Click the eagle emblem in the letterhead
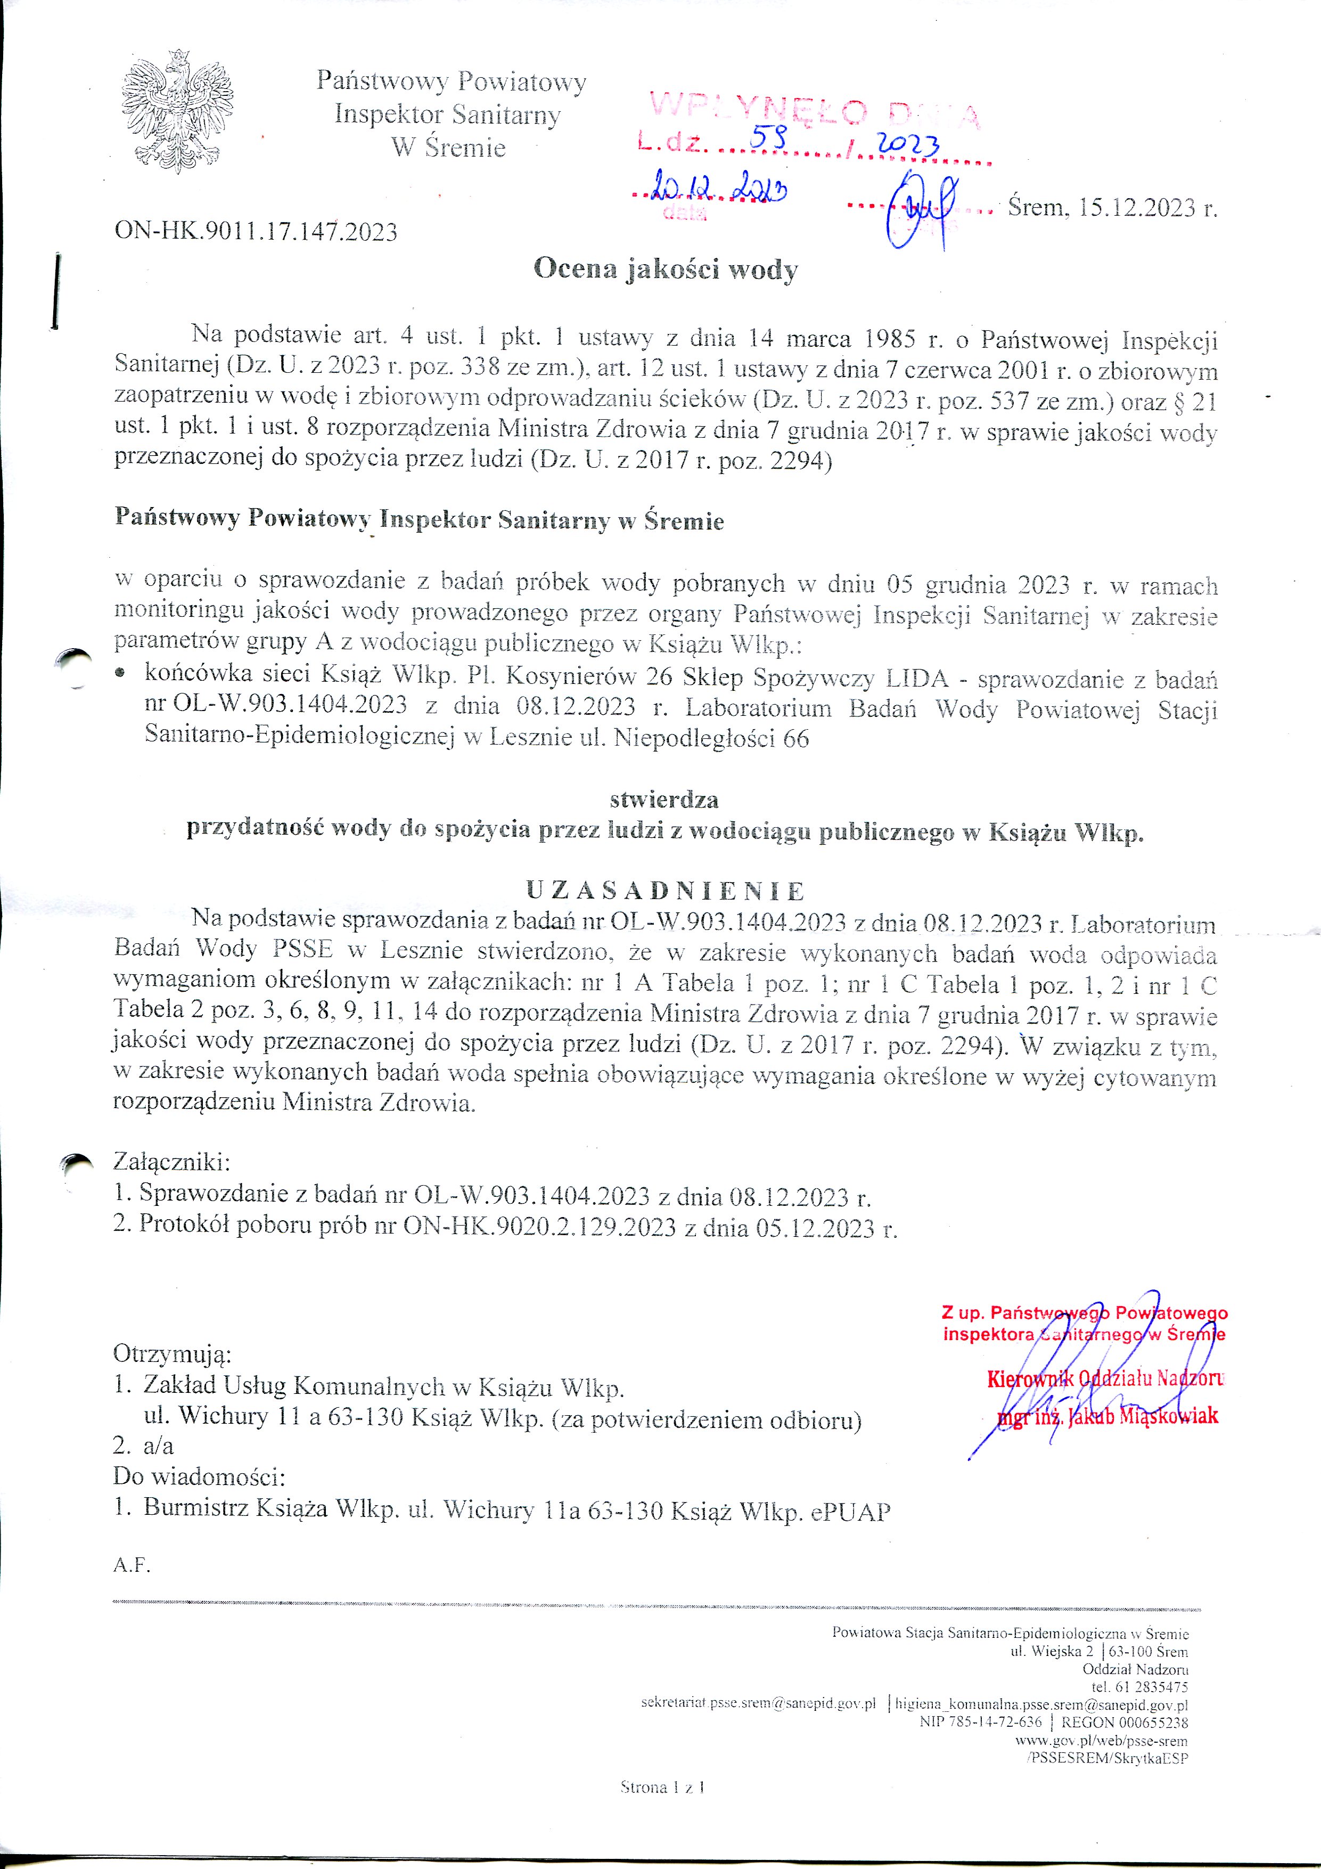point(177,111)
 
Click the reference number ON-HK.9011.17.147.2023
point(256,232)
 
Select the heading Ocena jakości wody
point(665,270)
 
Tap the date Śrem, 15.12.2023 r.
point(1112,208)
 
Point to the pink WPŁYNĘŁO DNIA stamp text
point(815,109)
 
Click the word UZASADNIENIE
point(665,891)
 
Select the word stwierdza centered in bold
point(663,800)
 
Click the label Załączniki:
point(172,1161)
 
